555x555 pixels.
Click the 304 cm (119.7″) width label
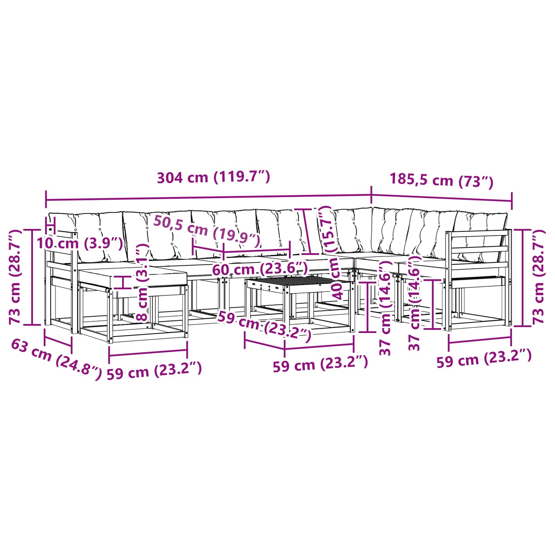click(213, 177)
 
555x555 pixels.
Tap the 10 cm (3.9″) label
click(80, 243)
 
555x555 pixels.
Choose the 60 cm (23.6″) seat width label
click(260, 269)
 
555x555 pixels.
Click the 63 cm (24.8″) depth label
click(57, 359)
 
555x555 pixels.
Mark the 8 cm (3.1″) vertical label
click(142, 283)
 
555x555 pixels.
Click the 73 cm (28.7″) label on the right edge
click(538, 276)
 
